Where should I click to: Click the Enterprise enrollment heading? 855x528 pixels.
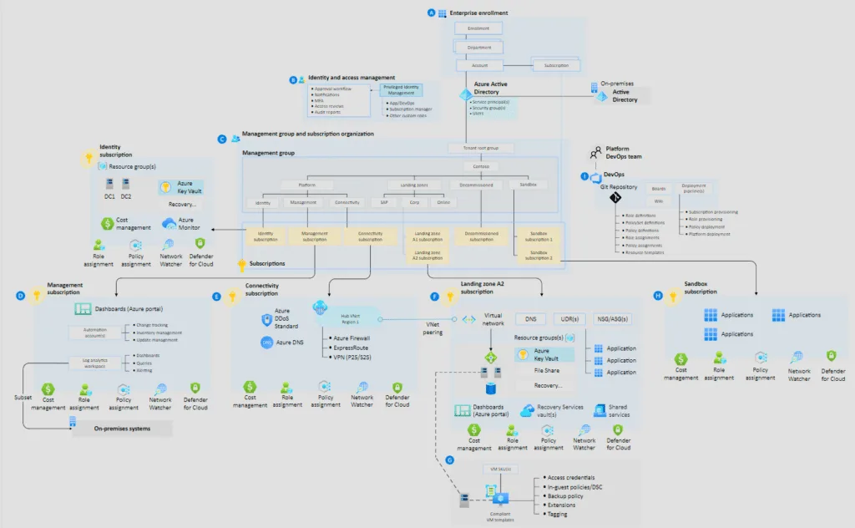pos(478,13)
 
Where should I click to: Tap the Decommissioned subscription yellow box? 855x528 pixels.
pos(481,236)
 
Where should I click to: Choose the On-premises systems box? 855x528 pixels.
pos(122,429)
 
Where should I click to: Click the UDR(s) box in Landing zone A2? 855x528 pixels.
pos(570,319)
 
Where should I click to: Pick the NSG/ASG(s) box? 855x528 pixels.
pos(614,319)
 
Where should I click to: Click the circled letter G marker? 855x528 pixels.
pos(451,460)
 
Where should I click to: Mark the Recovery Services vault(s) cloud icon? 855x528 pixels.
pos(527,410)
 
